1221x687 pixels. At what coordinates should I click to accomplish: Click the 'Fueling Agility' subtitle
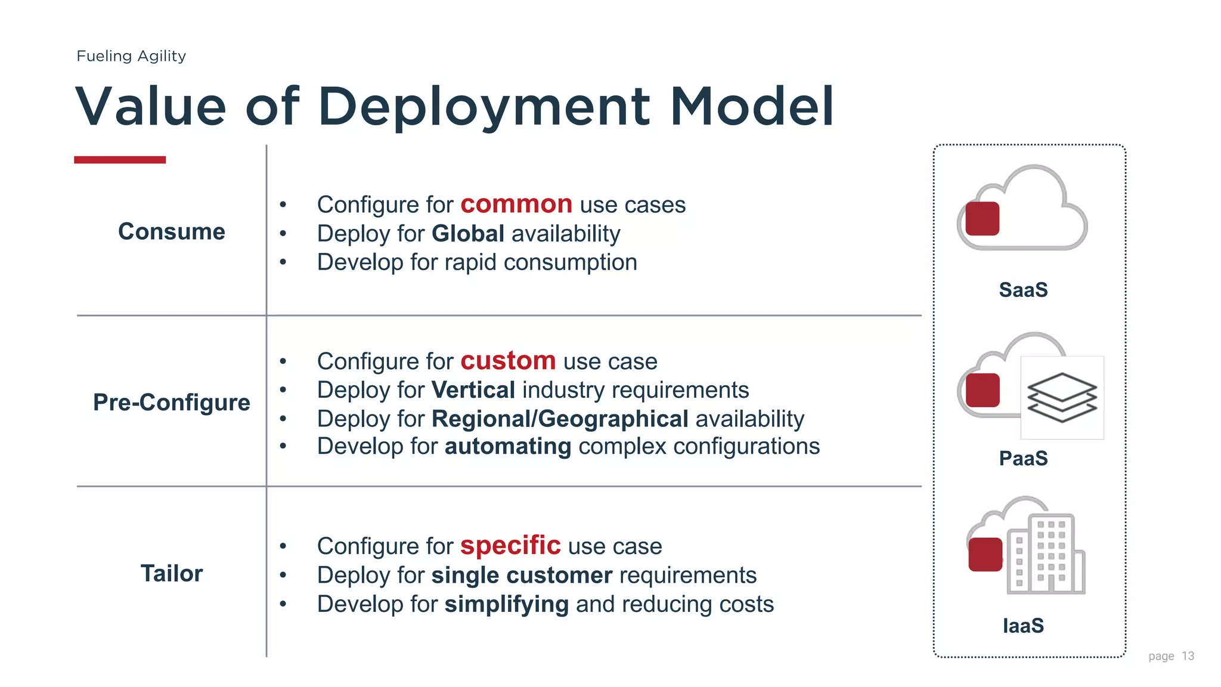tap(131, 56)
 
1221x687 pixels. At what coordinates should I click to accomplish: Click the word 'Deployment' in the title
tap(484, 107)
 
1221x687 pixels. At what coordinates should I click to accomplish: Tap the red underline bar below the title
tap(120, 160)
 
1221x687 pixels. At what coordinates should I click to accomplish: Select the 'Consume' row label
tap(172, 231)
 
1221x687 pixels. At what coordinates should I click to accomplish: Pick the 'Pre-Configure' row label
tap(172, 403)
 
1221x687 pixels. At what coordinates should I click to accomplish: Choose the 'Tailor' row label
tap(172, 574)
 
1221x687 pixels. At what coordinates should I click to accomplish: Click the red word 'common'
tap(516, 205)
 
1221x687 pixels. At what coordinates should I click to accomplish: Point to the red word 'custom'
tap(508, 361)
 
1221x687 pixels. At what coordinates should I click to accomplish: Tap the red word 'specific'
tap(510, 546)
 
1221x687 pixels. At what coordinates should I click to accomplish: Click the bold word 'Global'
tap(468, 234)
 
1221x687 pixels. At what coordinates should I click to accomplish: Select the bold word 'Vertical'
tap(473, 390)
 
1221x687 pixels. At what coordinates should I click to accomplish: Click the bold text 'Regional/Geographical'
tap(560, 419)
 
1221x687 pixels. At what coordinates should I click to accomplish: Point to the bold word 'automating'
tap(508, 446)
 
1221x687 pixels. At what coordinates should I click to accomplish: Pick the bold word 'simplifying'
tap(507, 604)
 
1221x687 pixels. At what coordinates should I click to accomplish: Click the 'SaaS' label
tap(1023, 290)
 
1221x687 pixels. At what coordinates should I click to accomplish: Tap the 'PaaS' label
tap(1023, 459)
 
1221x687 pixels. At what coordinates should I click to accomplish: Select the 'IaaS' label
tap(1023, 626)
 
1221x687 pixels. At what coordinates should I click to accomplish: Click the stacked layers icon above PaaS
tap(1062, 397)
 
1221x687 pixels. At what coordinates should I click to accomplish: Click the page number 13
tap(1188, 656)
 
